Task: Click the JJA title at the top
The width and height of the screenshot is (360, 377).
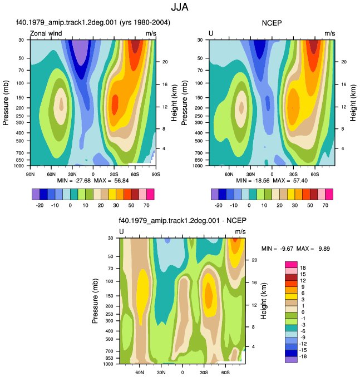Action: click(180, 7)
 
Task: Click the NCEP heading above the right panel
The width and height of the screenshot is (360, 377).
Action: click(272, 23)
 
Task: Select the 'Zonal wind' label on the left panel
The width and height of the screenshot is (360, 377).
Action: click(46, 33)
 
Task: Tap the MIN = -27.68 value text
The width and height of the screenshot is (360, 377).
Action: click(74, 181)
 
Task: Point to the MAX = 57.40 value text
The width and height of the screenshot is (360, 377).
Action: click(290, 181)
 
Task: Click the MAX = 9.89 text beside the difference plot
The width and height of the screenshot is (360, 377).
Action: click(313, 249)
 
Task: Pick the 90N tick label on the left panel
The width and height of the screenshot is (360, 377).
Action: click(30, 174)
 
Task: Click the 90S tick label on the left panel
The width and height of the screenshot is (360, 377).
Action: click(156, 174)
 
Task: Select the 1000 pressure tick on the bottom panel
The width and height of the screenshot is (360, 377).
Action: click(109, 364)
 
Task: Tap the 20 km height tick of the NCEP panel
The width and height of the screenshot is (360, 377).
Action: click(344, 62)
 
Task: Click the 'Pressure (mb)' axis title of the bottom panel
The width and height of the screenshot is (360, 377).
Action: click(95, 301)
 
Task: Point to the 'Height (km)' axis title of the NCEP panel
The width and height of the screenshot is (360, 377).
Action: click(353, 103)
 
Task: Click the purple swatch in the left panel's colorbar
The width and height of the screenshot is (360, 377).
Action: click(36, 194)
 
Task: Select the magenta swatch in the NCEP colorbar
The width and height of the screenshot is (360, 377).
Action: click(329, 194)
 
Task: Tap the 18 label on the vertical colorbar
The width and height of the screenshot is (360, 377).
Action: click(303, 268)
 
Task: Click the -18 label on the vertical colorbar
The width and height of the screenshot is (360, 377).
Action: click(303, 356)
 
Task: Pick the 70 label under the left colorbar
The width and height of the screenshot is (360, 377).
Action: click(146, 205)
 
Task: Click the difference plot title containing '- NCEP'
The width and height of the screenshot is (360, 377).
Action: click(183, 221)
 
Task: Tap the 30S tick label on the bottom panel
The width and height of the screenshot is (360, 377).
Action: click(204, 373)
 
